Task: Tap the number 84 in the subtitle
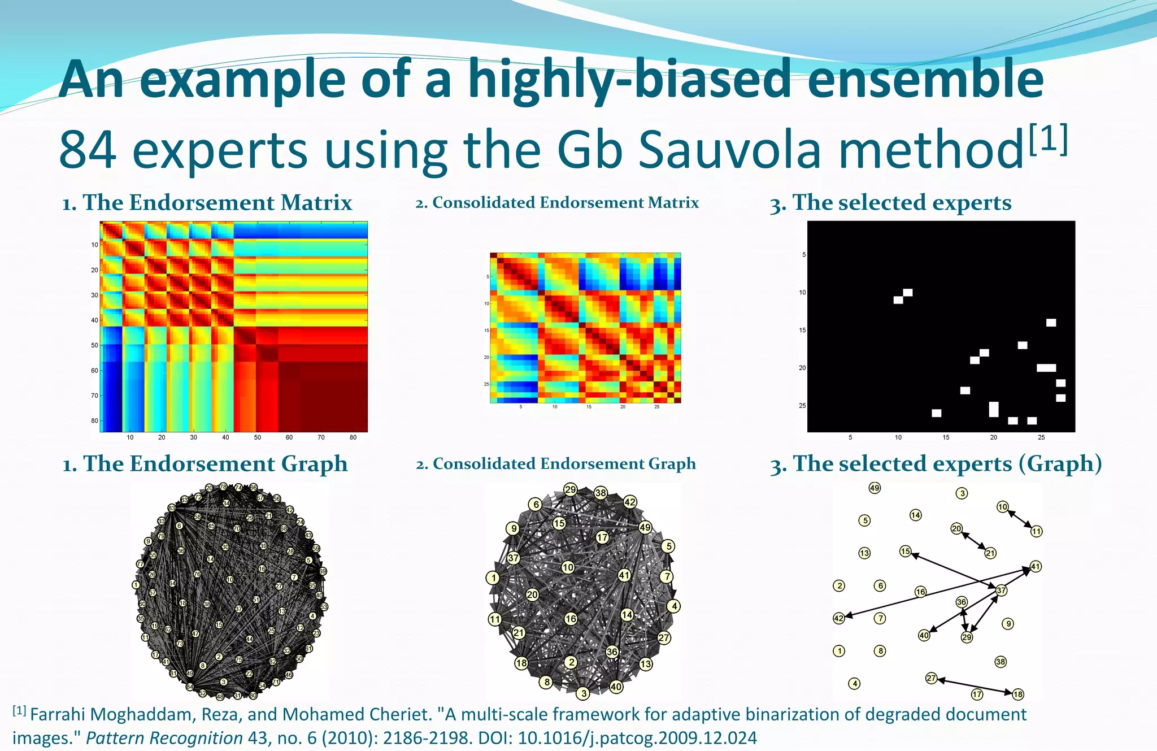(x=88, y=150)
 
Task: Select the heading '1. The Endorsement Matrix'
(x=207, y=202)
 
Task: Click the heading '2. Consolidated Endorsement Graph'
(x=556, y=464)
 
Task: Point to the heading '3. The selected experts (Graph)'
(x=936, y=464)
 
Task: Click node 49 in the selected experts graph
(x=875, y=488)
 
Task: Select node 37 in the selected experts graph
(x=1001, y=591)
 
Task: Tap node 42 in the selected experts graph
(x=839, y=618)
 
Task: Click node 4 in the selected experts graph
(x=855, y=684)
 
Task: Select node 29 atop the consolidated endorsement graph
(x=570, y=489)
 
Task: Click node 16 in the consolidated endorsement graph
(x=571, y=619)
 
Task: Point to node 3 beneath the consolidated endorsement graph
(x=583, y=693)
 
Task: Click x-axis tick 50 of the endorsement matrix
(x=258, y=437)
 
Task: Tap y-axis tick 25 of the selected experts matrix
(x=802, y=406)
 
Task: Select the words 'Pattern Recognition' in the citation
(x=164, y=738)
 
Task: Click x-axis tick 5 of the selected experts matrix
(x=850, y=437)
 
